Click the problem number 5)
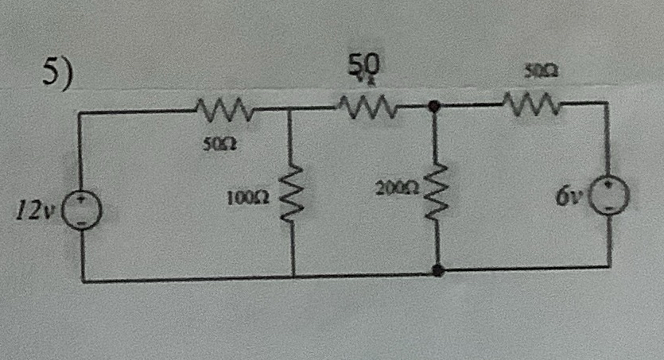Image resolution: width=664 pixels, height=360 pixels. (x=57, y=73)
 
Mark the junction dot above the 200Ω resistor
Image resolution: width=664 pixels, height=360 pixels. (x=434, y=105)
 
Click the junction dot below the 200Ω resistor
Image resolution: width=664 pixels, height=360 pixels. (x=436, y=271)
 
